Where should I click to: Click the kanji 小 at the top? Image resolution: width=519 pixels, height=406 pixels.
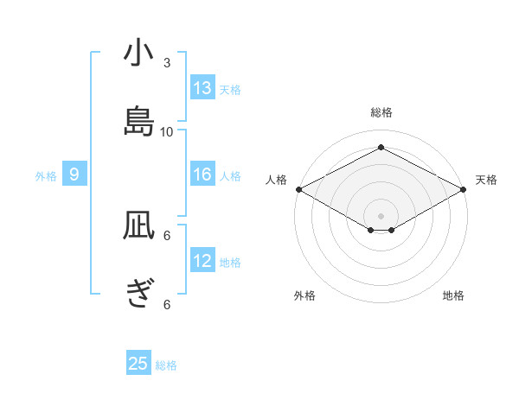tap(138, 54)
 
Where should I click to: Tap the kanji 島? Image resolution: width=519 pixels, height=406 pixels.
tap(138, 120)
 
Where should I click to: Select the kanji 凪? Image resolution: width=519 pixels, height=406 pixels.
tap(138, 226)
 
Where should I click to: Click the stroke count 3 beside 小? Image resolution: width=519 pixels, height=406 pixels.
tap(167, 63)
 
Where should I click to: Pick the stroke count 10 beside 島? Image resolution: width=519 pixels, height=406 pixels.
tap(167, 131)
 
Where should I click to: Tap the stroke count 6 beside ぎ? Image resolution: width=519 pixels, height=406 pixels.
tap(167, 304)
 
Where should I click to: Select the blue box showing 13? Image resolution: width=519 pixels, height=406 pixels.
tap(202, 88)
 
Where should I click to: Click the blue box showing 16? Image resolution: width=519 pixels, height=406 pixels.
tap(202, 174)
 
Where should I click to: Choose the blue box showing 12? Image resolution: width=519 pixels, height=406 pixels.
tap(202, 261)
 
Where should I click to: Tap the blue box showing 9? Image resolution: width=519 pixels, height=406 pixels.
tap(74, 174)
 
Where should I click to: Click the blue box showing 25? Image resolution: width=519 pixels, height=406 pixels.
tap(138, 364)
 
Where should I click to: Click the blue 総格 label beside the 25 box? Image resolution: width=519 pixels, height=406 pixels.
tap(166, 365)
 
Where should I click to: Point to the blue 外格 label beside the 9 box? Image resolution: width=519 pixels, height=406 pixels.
tap(46, 176)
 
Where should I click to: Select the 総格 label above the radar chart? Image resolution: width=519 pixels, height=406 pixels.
tap(381, 112)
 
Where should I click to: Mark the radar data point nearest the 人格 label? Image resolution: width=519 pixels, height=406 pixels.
tap(298, 189)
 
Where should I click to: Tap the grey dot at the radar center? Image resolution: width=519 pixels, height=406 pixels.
tap(381, 214)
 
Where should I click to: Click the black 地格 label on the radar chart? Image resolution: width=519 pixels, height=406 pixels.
tap(453, 295)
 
